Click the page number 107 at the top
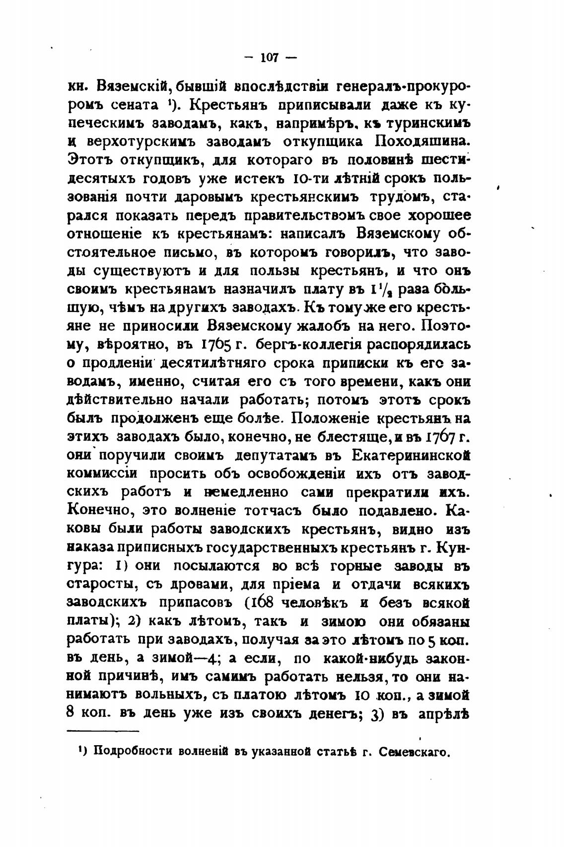click(270, 58)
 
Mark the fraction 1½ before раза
click(382, 289)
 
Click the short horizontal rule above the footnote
click(103, 731)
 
